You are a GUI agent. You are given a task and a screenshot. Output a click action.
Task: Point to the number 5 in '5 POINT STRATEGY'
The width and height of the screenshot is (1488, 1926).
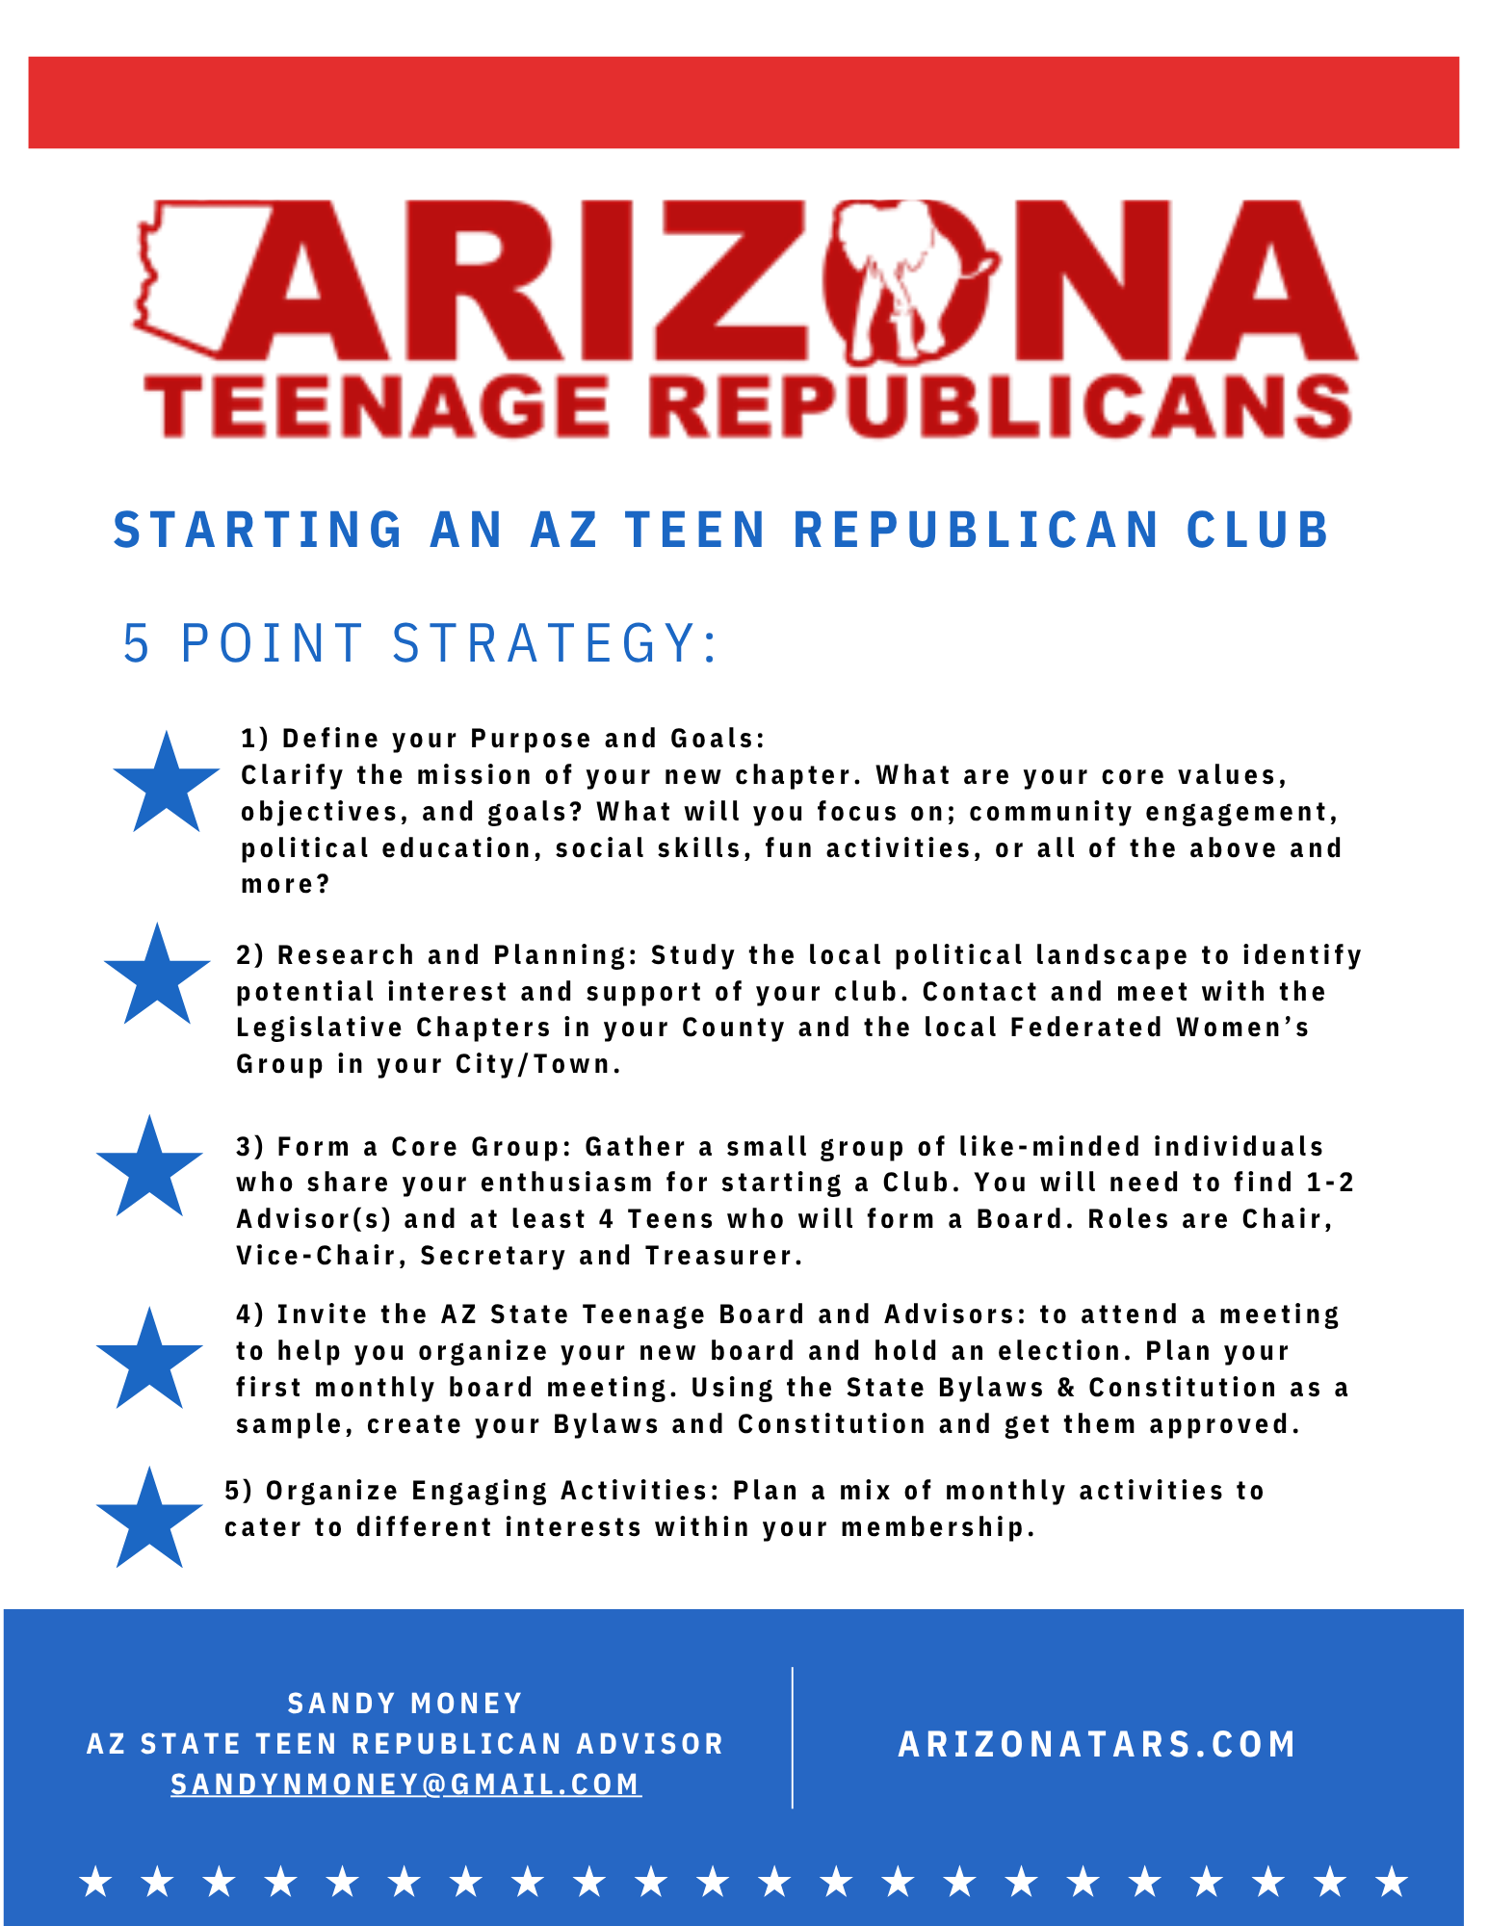point(137,643)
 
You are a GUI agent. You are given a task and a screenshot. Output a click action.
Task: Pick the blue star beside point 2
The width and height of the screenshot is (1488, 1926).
point(157,976)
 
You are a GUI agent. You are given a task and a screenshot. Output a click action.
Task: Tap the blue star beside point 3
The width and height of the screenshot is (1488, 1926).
point(149,1168)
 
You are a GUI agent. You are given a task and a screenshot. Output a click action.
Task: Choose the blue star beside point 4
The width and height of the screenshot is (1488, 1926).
point(149,1360)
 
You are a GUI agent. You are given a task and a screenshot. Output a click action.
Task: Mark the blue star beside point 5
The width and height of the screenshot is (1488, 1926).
point(149,1520)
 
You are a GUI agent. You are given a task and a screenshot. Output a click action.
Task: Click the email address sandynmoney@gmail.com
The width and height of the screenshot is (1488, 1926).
point(405,1784)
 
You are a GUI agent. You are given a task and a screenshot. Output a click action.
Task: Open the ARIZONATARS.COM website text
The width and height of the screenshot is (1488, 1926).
point(1097,1744)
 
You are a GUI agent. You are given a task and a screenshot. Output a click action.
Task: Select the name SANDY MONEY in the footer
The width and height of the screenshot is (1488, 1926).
point(405,1704)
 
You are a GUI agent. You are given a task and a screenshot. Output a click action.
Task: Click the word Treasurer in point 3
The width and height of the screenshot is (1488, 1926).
point(722,1256)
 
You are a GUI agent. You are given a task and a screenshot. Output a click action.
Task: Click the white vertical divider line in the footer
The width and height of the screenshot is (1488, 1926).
point(793,1738)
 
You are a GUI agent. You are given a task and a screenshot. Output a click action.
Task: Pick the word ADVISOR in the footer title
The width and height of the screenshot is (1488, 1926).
point(650,1744)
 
